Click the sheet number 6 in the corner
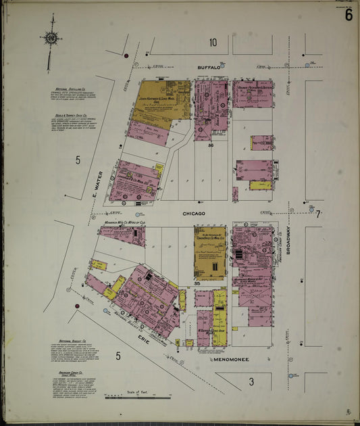tap(348, 15)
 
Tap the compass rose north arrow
tap(51, 39)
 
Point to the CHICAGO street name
tap(193, 213)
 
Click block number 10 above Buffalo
tap(213, 43)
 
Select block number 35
tap(197, 283)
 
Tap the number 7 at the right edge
tap(319, 214)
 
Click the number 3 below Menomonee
tap(251, 382)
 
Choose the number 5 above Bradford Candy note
tap(118, 356)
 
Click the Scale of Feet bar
tap(138, 397)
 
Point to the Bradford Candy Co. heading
tap(70, 372)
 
